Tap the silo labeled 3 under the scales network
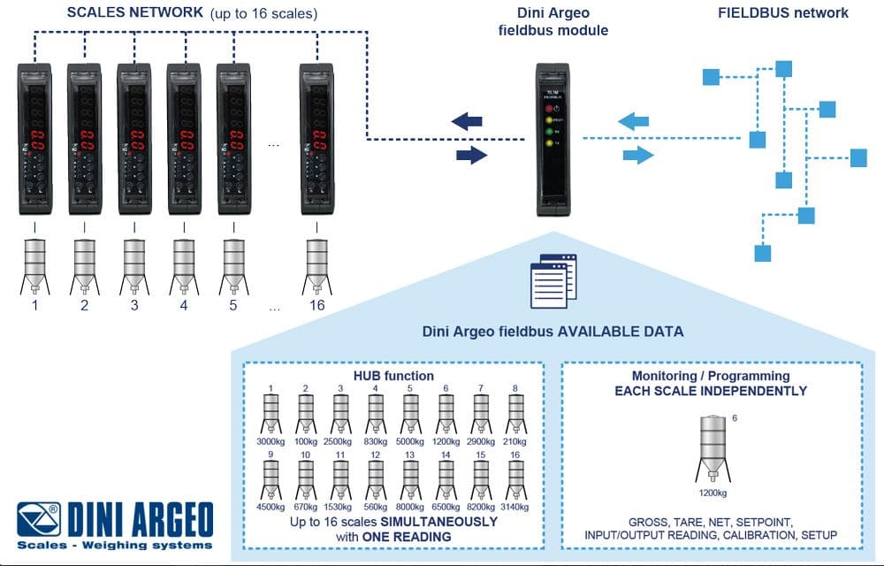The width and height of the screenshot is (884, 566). (x=134, y=266)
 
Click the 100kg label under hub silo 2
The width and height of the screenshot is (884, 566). (x=305, y=440)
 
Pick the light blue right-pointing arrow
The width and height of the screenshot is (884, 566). (x=636, y=156)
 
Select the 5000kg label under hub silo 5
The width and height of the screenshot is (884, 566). (x=409, y=440)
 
